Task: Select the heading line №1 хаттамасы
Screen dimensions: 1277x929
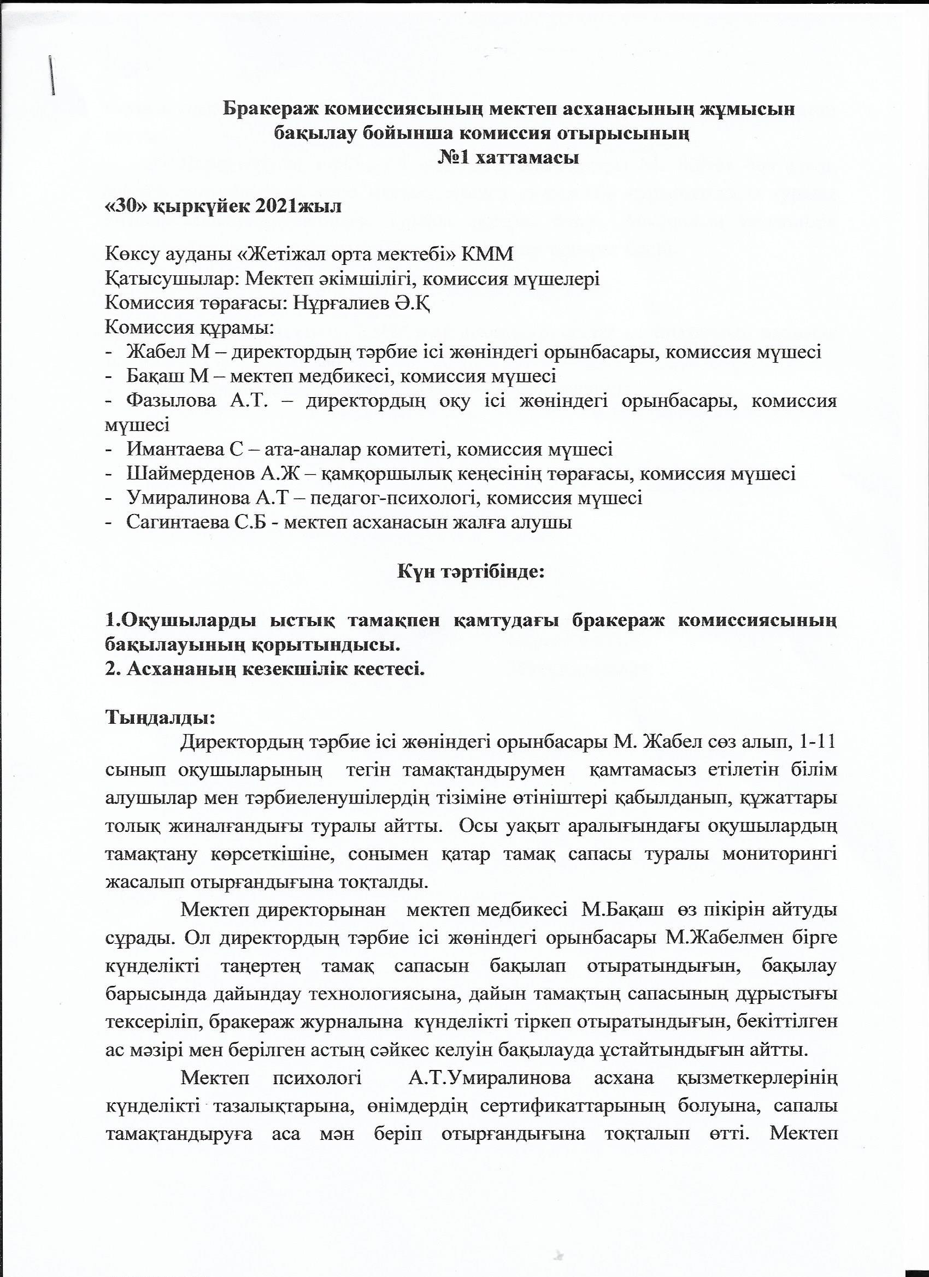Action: (x=509, y=158)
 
